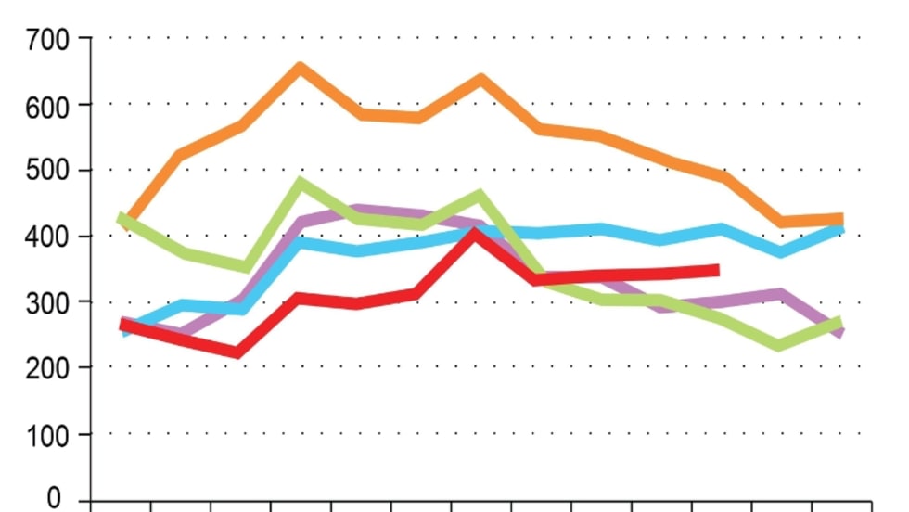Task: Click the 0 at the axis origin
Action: pyautogui.click(x=55, y=499)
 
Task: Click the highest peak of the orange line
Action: pyautogui.click(x=301, y=68)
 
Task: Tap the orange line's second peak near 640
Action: pyautogui.click(x=480, y=79)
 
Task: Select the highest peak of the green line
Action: pyautogui.click(x=301, y=182)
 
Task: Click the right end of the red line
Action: pyautogui.click(x=716, y=270)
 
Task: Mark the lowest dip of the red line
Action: pyautogui.click(x=238, y=352)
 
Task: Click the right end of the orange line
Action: pyautogui.click(x=839, y=220)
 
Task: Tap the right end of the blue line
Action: pyautogui.click(x=840, y=227)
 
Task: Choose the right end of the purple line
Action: pyautogui.click(x=840, y=332)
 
